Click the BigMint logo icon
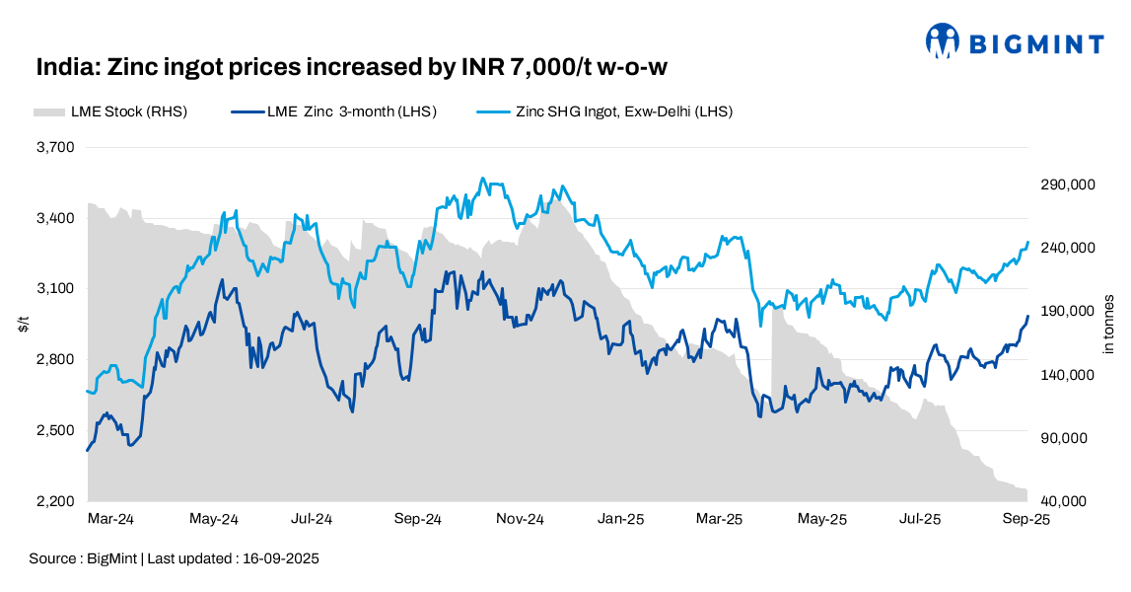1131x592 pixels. [x=942, y=41]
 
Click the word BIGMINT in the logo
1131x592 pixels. [x=1036, y=43]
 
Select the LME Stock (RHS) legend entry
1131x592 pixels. [x=110, y=111]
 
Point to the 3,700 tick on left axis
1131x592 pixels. [x=56, y=147]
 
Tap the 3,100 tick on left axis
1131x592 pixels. [x=56, y=289]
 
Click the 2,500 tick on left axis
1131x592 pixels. [x=56, y=430]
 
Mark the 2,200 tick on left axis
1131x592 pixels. [x=56, y=501]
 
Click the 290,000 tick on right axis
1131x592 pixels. [x=1068, y=185]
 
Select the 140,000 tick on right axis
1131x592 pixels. [x=1068, y=375]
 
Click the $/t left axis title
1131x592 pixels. [x=24, y=327]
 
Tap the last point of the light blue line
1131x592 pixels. [x=1028, y=243]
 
